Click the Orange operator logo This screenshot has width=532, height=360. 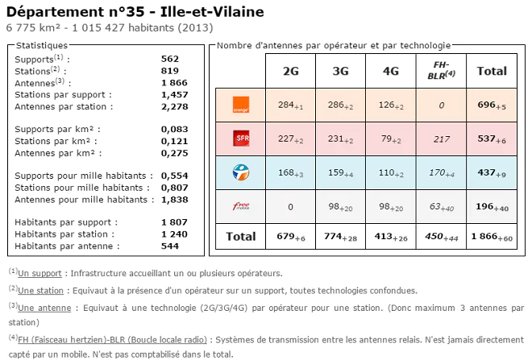point(240,104)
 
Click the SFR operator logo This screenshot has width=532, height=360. point(240,139)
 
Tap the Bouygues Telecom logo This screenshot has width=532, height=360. point(240,172)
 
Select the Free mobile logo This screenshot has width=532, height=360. point(240,206)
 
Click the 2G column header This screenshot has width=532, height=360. point(290,71)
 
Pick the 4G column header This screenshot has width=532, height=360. point(391,71)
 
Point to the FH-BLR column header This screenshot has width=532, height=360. point(440,70)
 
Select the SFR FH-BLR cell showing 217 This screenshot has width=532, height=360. point(440,139)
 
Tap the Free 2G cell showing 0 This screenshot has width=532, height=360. point(290,207)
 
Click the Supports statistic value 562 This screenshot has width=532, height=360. point(169,59)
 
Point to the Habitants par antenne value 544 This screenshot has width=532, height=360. point(170,246)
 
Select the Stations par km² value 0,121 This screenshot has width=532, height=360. point(174,141)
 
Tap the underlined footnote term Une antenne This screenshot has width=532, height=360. point(42,306)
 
